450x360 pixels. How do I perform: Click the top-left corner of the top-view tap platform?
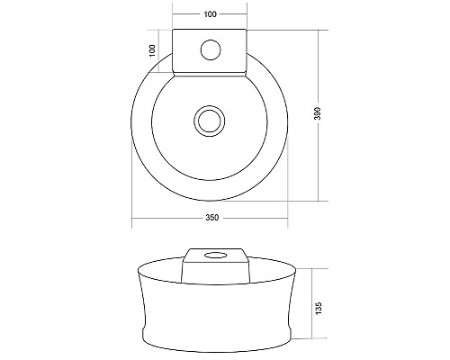pyautogui.click(x=173, y=31)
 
